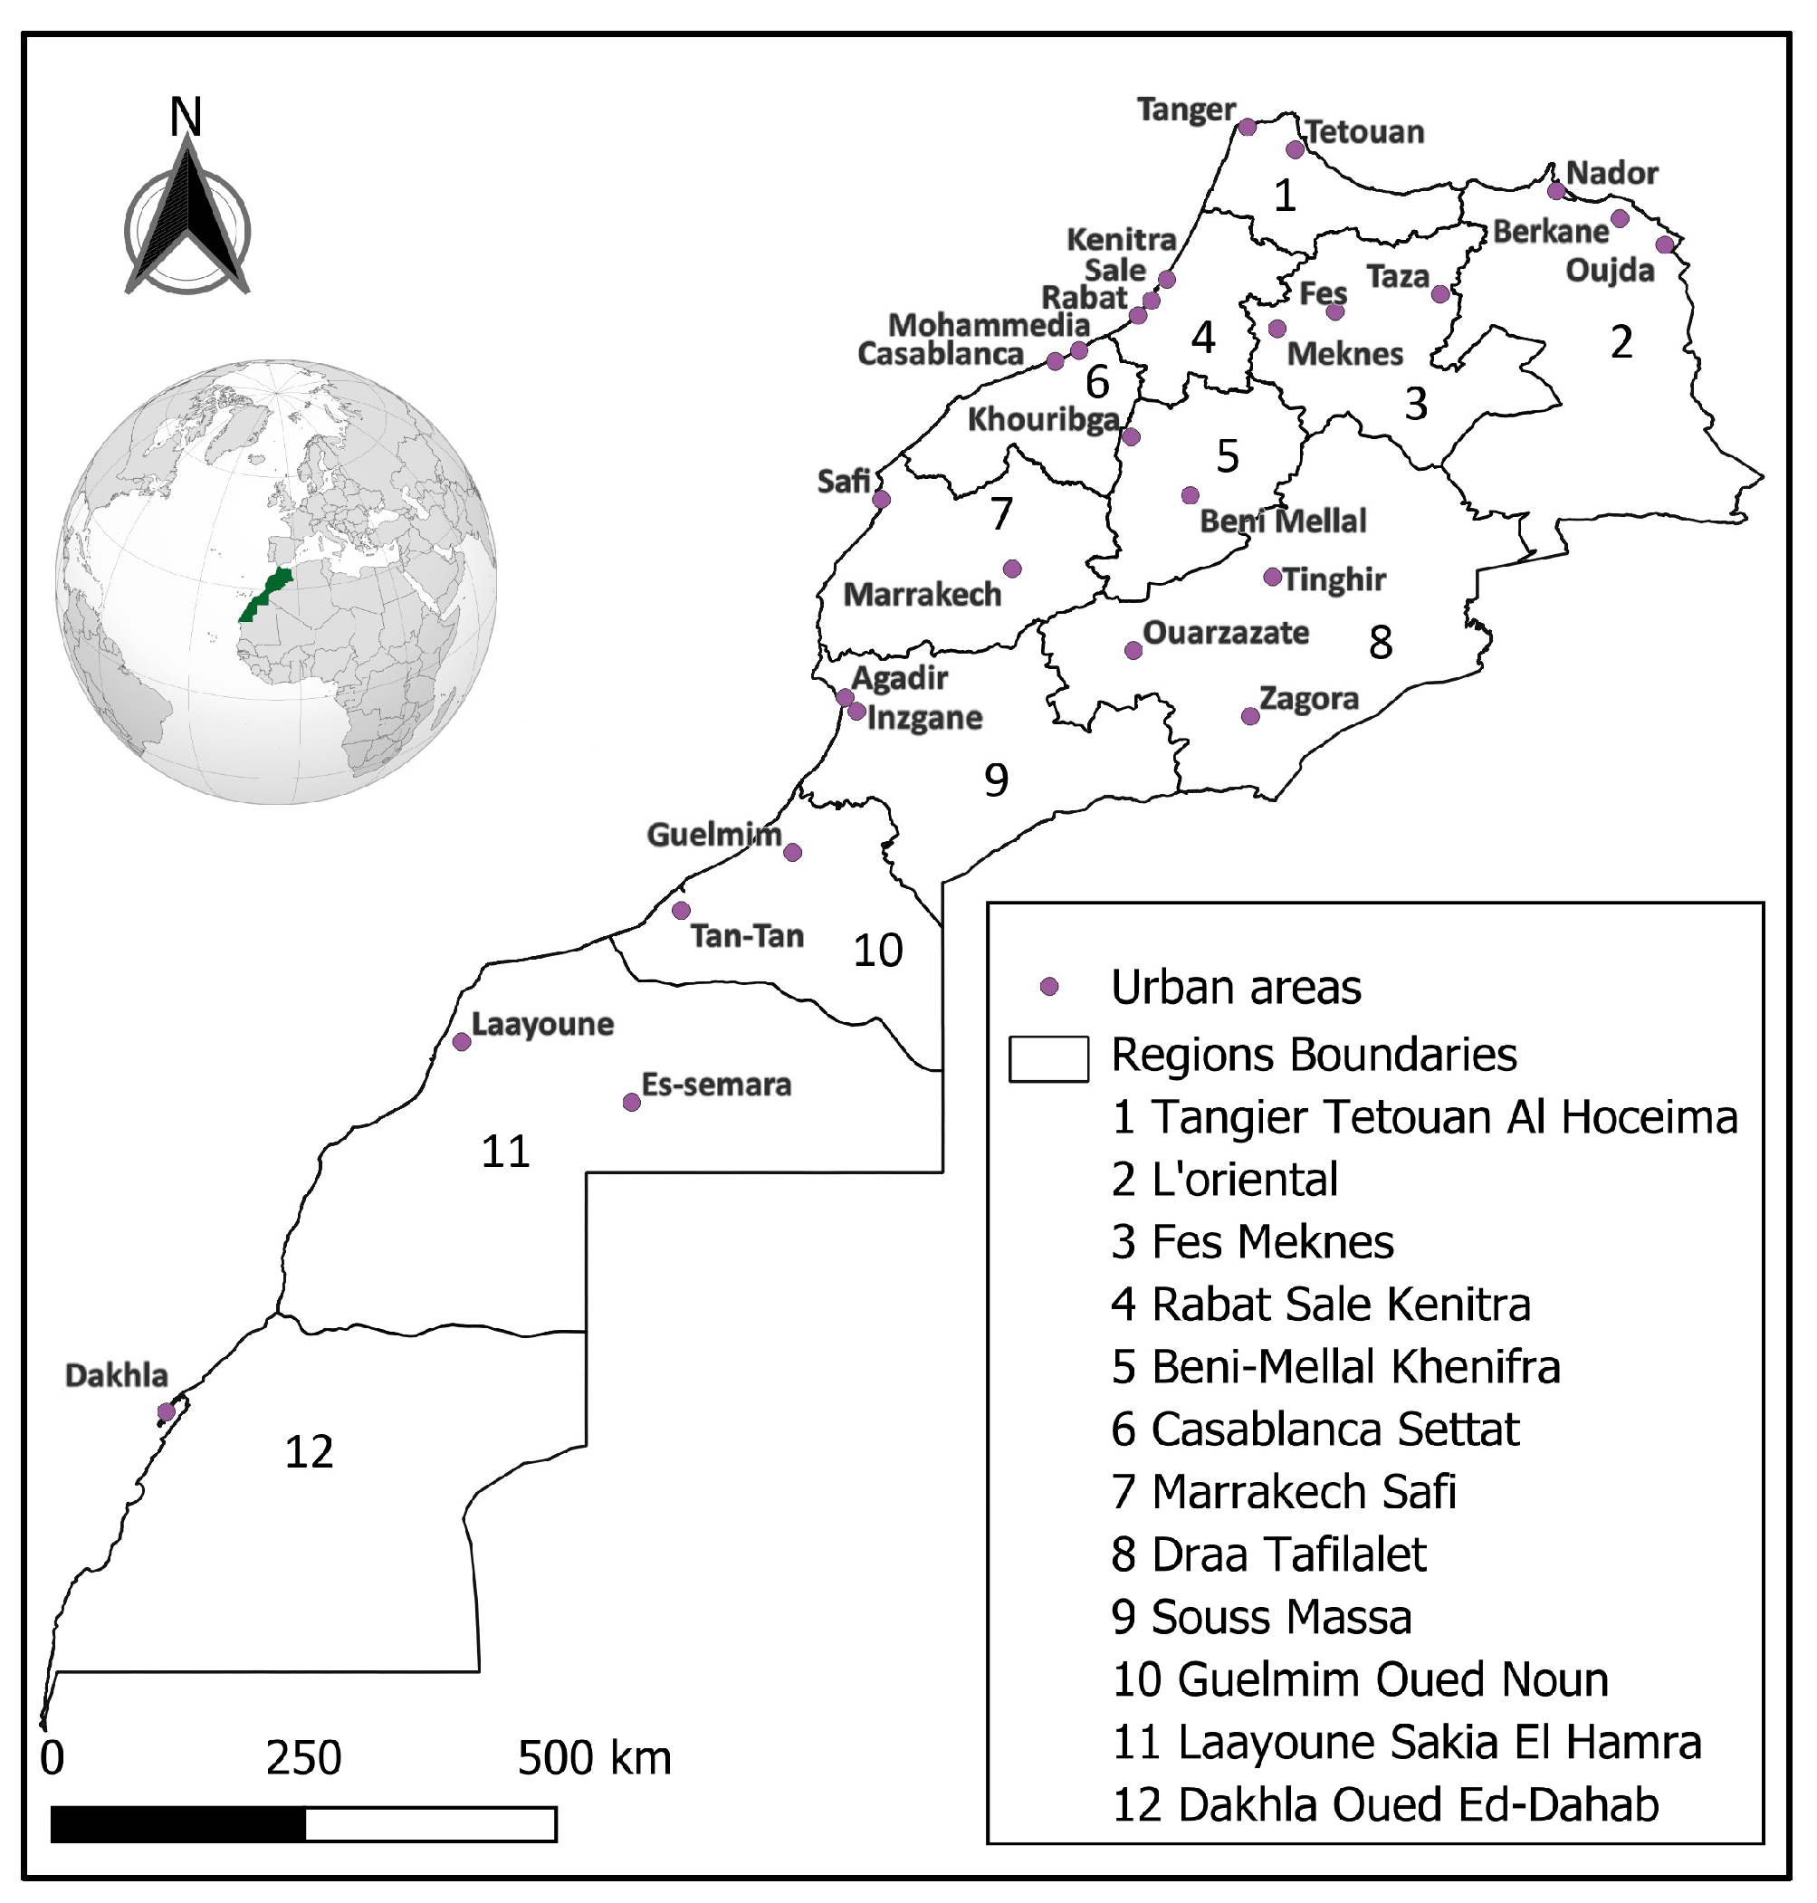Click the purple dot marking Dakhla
pos(166,1412)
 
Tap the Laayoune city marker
pos(462,1042)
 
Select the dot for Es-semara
pos(632,1102)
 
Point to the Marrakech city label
pos(921,594)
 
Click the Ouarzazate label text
pos(1225,633)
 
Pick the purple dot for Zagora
pos(1250,717)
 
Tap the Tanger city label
pos(1185,110)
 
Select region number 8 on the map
pos(1381,642)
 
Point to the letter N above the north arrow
pos(186,117)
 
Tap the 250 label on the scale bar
pos(303,1758)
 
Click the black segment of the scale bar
pos(178,1823)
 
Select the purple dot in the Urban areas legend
pos(1049,987)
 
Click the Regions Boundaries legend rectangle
pos(1048,1058)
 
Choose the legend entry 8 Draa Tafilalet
pos(1268,1554)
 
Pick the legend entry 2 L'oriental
pos(1224,1180)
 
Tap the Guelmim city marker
pos(792,852)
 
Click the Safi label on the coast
pos(844,481)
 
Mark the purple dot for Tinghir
pos(1273,578)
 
